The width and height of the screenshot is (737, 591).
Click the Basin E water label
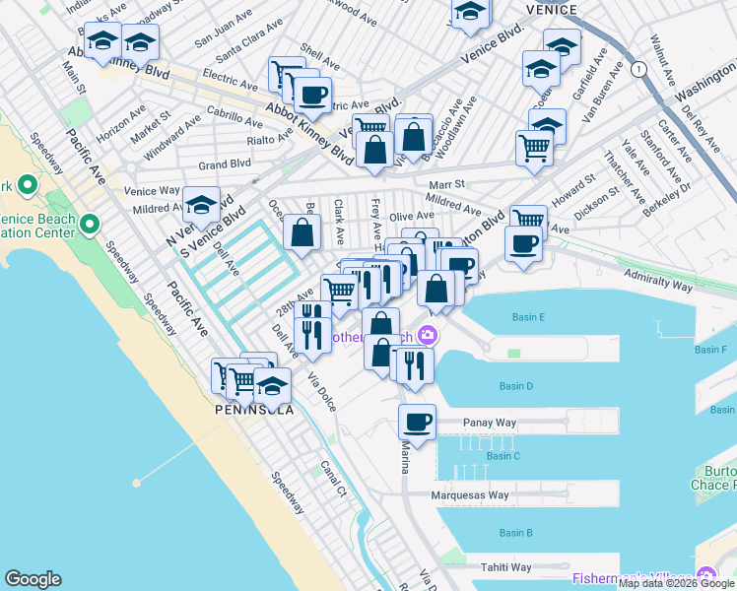coord(528,317)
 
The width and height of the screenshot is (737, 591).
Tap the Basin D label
coord(516,386)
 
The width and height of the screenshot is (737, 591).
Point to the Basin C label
coord(502,456)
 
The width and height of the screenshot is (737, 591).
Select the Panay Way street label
coord(490,423)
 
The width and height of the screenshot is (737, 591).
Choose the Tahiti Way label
coord(505,567)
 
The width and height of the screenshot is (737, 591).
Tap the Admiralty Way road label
coord(659,284)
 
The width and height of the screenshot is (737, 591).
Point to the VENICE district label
coord(551,9)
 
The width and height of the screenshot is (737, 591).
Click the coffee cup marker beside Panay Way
coord(417,422)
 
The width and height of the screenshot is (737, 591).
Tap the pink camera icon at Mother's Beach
coord(427,336)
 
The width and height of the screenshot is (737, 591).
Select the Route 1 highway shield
coord(640,69)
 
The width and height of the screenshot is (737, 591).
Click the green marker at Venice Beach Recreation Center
coord(90,225)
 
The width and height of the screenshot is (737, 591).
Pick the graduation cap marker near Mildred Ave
coord(202,205)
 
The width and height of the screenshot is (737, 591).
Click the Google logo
coord(33,579)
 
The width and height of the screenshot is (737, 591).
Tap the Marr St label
coord(446,184)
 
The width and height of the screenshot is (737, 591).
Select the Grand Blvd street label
coord(226,164)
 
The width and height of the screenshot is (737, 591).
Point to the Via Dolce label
coord(320,391)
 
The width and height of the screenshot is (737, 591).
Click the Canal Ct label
coord(335,478)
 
